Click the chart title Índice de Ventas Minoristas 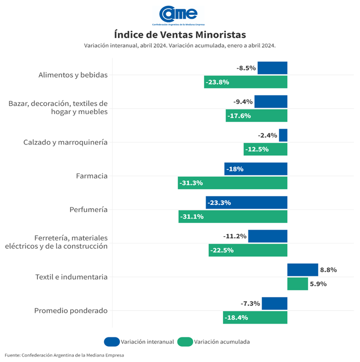tap(180, 35)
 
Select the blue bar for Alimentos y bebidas tap(273, 68)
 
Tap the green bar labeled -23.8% tap(245, 82)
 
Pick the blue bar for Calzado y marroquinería tap(283, 135)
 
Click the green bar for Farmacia tap(232, 183)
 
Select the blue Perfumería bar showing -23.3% tap(246, 203)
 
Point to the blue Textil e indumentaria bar tap(302, 270)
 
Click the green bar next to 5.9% tap(297, 284)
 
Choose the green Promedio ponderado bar tap(255, 318)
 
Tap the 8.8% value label tap(328, 270)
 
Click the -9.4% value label tap(243, 101)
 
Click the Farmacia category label tap(92, 176)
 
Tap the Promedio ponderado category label tap(71, 311)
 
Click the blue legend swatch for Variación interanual tap(112, 342)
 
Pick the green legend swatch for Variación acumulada tap(185, 342)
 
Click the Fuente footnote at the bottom tap(65, 355)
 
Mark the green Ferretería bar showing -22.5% tap(248, 250)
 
